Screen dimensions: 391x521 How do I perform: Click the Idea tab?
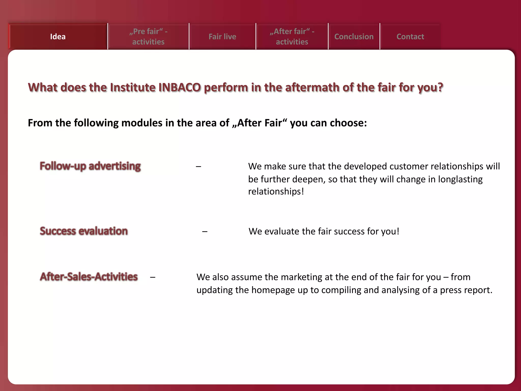(58, 37)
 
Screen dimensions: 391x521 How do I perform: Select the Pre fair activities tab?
(148, 37)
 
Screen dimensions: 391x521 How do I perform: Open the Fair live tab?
(222, 37)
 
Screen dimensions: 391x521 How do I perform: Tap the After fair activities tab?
(292, 37)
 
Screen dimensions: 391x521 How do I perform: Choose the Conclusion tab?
(354, 37)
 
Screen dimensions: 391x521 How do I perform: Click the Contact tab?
(410, 37)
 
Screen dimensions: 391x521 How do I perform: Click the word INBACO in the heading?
(180, 88)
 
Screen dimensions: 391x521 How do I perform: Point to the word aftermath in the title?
(312, 88)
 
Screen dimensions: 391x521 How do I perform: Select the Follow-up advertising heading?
(90, 166)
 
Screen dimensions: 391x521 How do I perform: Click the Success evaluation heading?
(84, 231)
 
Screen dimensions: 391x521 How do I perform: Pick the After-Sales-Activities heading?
(89, 277)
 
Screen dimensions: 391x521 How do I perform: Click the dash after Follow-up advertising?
(198, 167)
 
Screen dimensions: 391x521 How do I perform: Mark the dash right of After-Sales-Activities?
(153, 277)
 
